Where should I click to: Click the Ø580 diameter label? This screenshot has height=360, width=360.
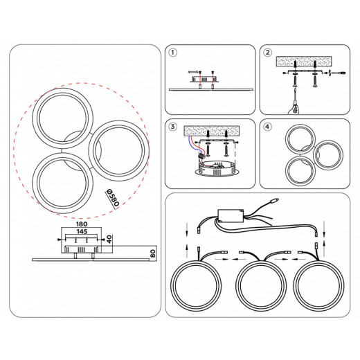tap(113, 197)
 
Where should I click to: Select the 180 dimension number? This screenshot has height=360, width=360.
tap(82, 224)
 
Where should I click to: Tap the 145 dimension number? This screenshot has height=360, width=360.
tap(82, 231)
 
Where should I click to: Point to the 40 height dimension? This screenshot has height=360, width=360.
tap(109, 239)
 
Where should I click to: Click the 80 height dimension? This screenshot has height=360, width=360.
tap(153, 253)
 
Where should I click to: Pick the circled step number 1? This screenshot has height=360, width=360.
tap(173, 53)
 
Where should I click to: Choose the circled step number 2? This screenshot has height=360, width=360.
tap(267, 53)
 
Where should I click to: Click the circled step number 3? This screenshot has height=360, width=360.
tap(173, 127)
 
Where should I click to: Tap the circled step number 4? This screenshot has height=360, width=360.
tap(267, 127)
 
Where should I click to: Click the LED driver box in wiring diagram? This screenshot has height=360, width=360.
tap(231, 216)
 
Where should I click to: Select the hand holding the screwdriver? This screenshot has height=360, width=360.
tap(293, 108)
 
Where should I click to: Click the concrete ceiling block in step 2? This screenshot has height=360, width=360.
tap(304, 61)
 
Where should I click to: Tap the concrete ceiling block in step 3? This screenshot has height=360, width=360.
tap(212, 131)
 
